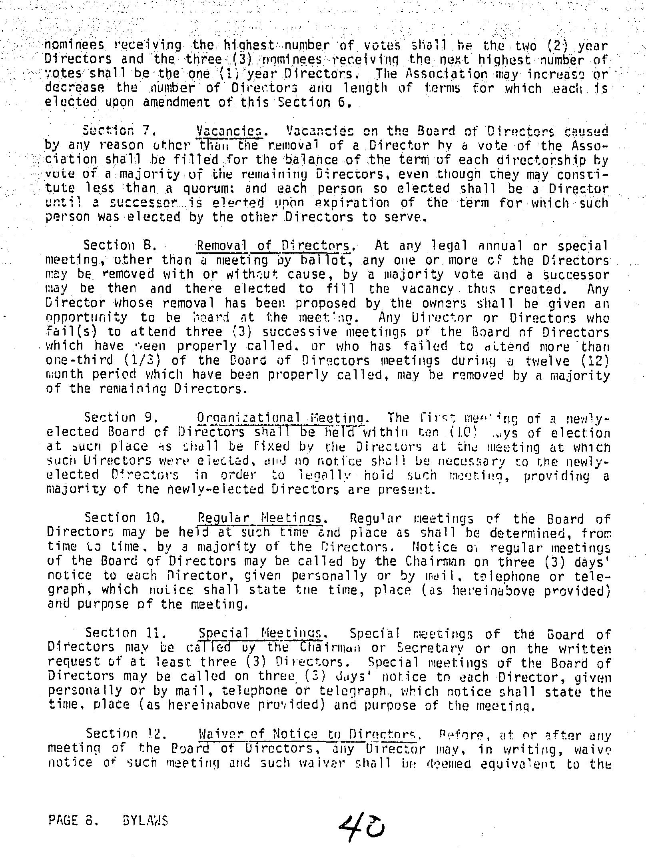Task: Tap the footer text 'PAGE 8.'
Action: click(x=73, y=821)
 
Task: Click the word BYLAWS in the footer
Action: click(x=144, y=821)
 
